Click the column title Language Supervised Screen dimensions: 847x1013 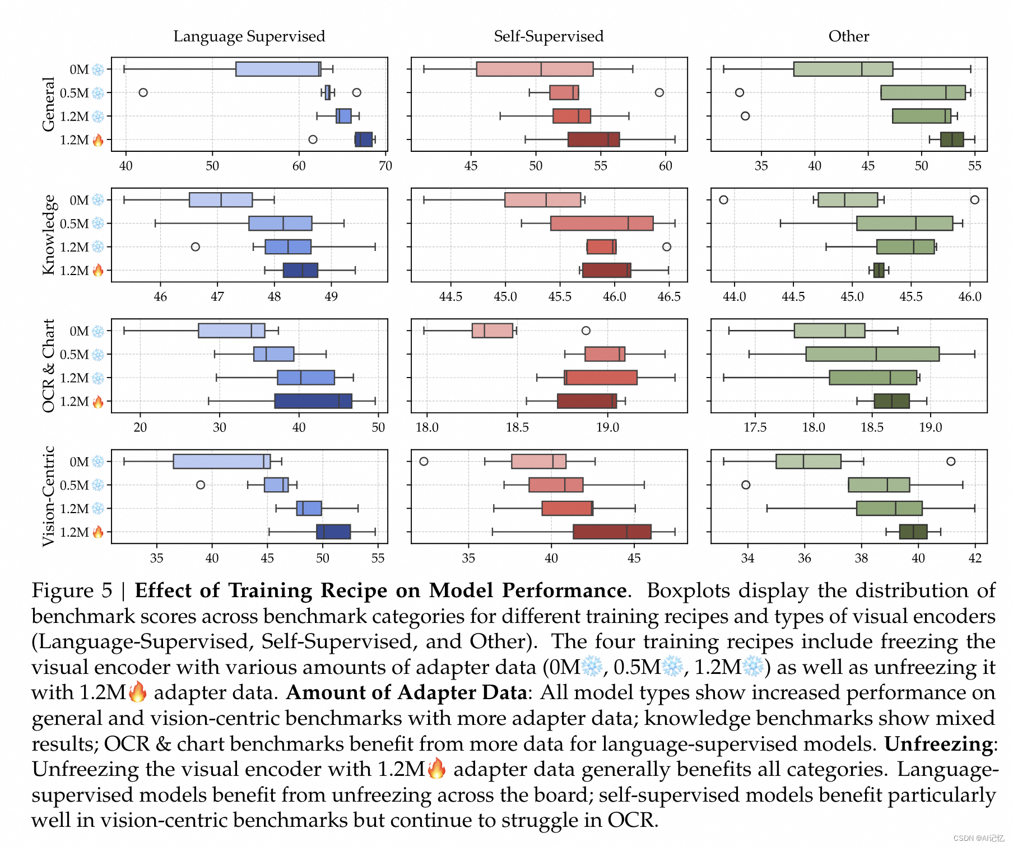(249, 36)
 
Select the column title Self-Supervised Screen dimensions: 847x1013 (549, 36)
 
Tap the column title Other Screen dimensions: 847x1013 (848, 36)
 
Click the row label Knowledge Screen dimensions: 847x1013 (49, 235)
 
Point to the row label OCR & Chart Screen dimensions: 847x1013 (49, 365)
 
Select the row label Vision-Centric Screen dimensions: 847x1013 (49, 496)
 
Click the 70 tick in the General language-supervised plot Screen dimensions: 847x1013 (385, 166)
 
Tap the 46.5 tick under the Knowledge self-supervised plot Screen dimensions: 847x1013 (668, 296)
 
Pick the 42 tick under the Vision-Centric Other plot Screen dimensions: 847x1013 (975, 558)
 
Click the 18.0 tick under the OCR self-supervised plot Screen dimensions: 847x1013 (426, 427)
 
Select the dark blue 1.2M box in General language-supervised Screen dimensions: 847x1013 (364, 139)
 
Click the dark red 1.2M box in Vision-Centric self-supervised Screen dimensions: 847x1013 (612, 532)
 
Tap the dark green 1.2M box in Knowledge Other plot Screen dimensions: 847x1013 (879, 271)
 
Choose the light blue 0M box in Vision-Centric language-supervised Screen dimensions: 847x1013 (221, 462)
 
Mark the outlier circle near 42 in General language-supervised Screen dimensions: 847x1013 (143, 92)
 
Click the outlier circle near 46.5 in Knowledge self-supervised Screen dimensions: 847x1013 (666, 246)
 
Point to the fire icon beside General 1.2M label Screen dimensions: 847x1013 (98, 140)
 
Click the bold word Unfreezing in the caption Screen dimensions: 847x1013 (938, 744)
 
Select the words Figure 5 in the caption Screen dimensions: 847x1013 (72, 591)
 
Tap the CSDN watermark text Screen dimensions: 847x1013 (978, 838)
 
